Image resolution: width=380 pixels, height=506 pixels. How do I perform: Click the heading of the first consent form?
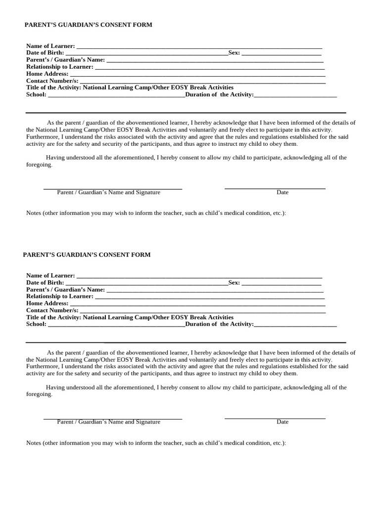click(x=89, y=25)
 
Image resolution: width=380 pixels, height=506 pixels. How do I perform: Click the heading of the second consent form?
click(x=87, y=255)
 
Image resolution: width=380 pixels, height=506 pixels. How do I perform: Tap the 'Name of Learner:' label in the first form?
click(x=50, y=46)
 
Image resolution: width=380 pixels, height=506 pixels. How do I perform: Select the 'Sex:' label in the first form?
click(x=234, y=53)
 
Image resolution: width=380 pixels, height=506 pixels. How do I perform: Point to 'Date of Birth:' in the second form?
click(x=45, y=283)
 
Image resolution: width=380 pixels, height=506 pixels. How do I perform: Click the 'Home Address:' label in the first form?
click(x=47, y=74)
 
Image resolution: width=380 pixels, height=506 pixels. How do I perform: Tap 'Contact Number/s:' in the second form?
click(x=52, y=310)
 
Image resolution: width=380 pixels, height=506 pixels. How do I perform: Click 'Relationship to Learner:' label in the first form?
click(x=59, y=67)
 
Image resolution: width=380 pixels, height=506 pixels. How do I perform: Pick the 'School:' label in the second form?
click(x=36, y=324)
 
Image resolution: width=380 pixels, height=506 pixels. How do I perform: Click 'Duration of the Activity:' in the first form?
click(x=219, y=94)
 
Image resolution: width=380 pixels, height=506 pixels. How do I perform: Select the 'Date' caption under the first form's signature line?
click(x=283, y=192)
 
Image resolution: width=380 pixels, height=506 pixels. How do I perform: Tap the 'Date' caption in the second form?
click(x=283, y=422)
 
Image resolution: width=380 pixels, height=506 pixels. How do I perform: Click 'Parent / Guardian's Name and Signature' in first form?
click(x=108, y=192)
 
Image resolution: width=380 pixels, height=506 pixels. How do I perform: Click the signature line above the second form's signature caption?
click(x=113, y=419)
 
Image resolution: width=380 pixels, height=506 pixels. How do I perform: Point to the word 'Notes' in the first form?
click(x=34, y=213)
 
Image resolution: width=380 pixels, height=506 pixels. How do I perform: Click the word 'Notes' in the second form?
click(x=34, y=443)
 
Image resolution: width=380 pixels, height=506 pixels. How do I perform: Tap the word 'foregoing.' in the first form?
click(x=39, y=165)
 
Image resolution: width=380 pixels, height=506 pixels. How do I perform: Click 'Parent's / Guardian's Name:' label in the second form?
click(x=65, y=290)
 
